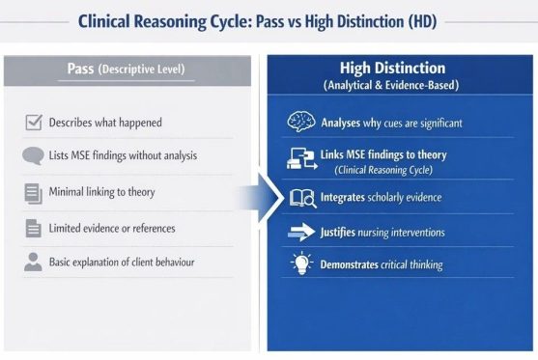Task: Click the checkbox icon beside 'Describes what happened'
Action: [32, 123]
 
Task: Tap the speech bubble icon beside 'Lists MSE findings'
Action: [32, 156]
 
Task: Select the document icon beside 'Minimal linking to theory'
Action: [32, 193]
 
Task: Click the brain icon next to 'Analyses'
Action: [299, 122]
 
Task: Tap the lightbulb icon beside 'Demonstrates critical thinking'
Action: [299, 264]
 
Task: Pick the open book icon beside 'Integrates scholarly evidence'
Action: [301, 198]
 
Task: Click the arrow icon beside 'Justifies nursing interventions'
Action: [302, 233]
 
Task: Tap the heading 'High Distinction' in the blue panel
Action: [391, 69]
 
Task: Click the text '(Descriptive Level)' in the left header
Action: [143, 70]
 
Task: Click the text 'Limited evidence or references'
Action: [113, 228]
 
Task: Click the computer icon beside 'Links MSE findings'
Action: [299, 157]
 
